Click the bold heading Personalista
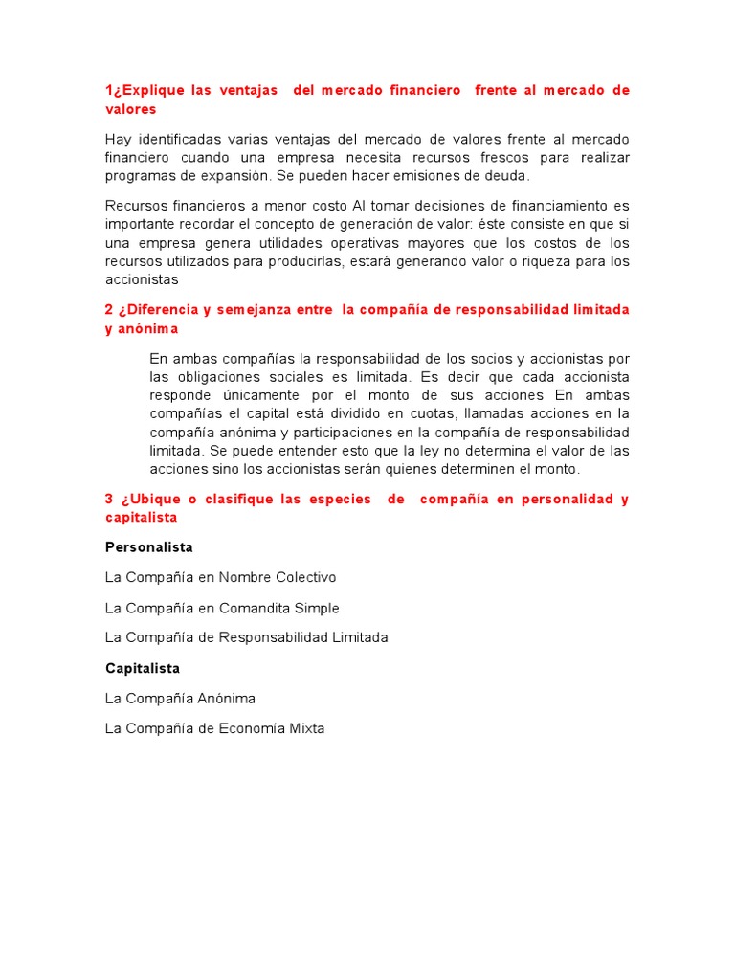pos(148,547)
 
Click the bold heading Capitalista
pos(143,668)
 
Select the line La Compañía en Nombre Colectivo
pos(220,577)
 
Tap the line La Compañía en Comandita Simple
pos(222,608)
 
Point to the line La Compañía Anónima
pos(180,698)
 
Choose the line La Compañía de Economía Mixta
pos(214,728)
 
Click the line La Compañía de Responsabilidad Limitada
pos(246,637)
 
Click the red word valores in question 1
pos(130,109)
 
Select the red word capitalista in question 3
pos(141,517)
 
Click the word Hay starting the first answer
pos(118,139)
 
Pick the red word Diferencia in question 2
pos(159,310)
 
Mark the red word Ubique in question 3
pos(152,499)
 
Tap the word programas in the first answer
pos(138,175)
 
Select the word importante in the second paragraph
pos(140,224)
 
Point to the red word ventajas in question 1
pos(247,90)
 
